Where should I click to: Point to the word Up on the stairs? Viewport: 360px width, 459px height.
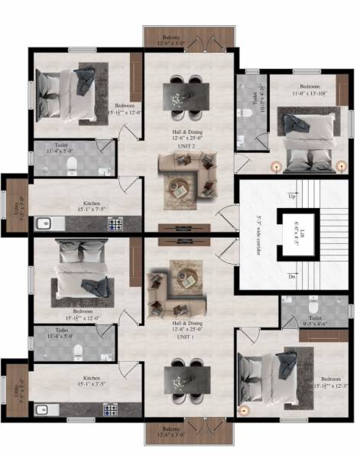(291, 197)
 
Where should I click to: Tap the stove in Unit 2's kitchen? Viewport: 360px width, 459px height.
(115, 223)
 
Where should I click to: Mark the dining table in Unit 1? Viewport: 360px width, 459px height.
(186, 380)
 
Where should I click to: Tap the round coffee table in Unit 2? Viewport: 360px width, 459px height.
(180, 187)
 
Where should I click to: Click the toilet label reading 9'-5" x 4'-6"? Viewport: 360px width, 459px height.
(314, 319)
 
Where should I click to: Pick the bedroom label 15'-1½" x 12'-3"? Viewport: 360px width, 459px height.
(330, 382)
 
